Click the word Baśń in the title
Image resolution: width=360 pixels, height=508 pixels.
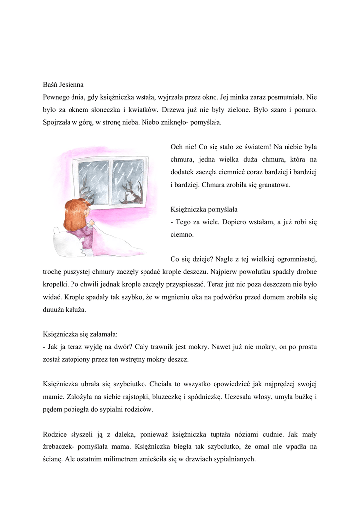pyautogui.click(x=51, y=84)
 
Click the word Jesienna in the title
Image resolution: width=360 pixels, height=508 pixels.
pyautogui.click(x=76, y=84)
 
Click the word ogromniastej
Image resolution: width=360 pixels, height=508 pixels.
pyautogui.click(x=293, y=259)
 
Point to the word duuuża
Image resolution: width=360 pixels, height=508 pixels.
pyautogui.click(x=54, y=310)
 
